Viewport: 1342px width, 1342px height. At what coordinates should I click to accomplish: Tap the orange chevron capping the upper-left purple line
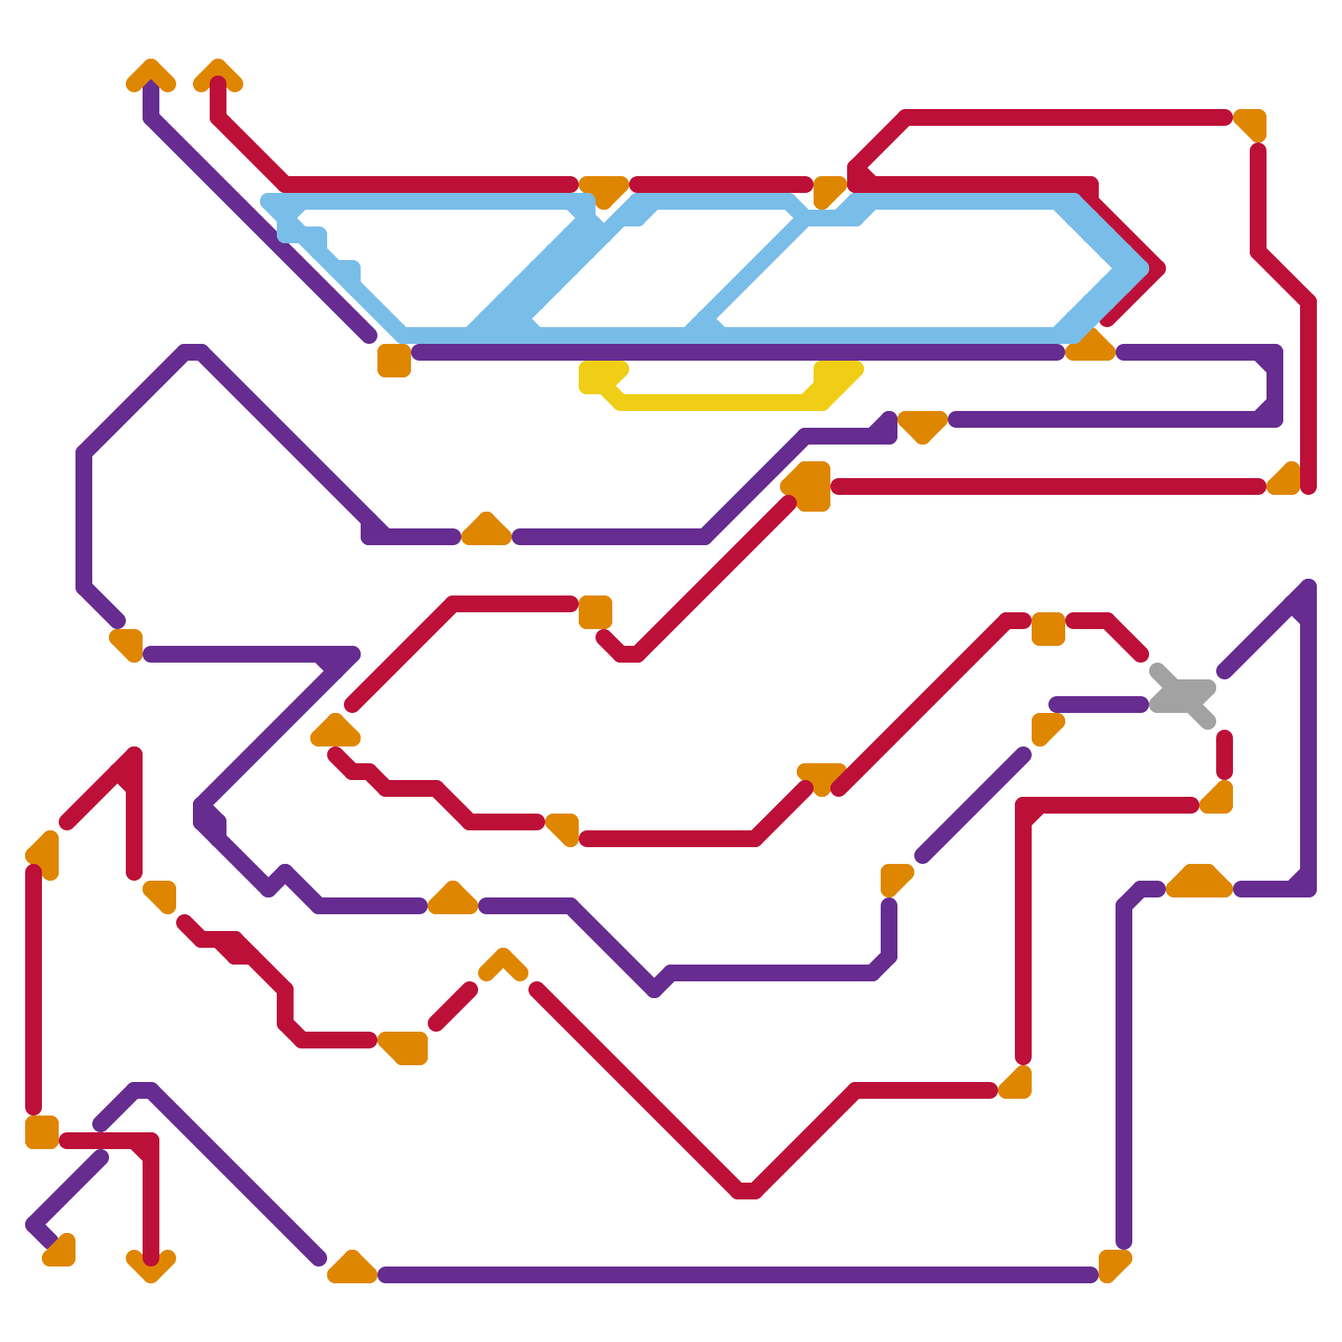point(151,75)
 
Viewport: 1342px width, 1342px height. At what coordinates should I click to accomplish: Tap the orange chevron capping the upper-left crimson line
point(218,75)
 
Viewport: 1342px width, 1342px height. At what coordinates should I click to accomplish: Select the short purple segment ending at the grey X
point(1099,705)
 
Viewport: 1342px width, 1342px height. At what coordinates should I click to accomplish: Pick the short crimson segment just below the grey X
point(1225,755)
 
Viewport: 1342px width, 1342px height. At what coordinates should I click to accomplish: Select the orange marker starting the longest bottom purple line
point(352,1268)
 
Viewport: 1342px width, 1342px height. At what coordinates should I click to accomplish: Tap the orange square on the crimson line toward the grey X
point(1048,629)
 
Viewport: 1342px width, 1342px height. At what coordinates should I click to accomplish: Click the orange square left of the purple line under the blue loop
point(394,361)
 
